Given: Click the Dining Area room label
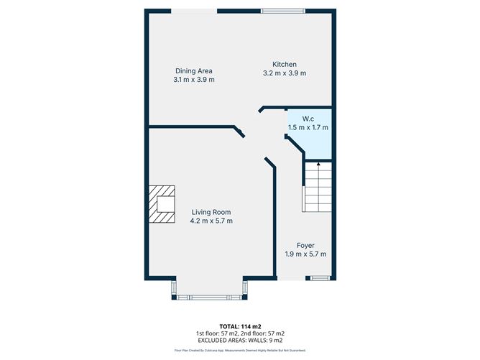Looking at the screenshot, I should tap(194, 70).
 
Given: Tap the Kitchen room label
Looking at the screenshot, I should tap(285, 64).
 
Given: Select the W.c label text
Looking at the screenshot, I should tap(308, 118).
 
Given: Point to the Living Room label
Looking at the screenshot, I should tap(211, 211).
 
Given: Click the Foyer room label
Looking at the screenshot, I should tap(305, 245).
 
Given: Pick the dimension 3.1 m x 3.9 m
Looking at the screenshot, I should tap(194, 80).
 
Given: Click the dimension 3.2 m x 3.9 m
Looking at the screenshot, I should tap(285, 73).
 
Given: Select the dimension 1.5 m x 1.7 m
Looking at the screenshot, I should tap(308, 127).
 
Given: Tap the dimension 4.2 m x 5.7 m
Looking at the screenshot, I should tap(211, 221).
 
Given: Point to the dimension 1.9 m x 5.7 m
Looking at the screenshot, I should tap(305, 254).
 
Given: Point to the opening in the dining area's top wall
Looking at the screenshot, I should tap(195, 11).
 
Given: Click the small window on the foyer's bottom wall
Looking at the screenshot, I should tap(317, 278).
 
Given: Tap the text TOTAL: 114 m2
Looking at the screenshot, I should tap(240, 327).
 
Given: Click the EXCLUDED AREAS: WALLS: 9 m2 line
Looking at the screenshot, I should tap(240, 340).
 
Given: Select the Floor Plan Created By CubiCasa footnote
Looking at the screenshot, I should tap(240, 351).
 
